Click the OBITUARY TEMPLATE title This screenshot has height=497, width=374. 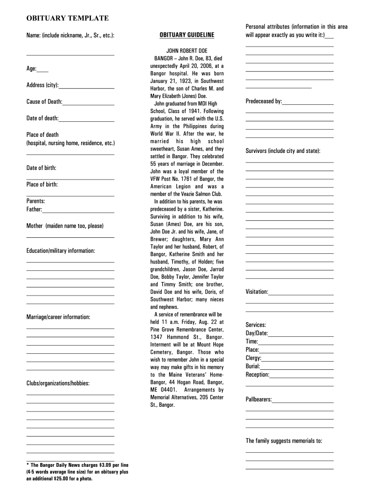68,18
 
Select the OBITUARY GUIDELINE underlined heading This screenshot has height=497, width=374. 187,35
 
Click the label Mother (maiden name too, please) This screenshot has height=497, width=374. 65,226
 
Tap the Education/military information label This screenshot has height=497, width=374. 61,250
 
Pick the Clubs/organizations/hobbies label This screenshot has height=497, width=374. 58,383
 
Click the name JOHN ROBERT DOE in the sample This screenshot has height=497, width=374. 187,50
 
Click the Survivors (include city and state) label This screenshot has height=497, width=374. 283,151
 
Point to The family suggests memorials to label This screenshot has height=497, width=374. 284,441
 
